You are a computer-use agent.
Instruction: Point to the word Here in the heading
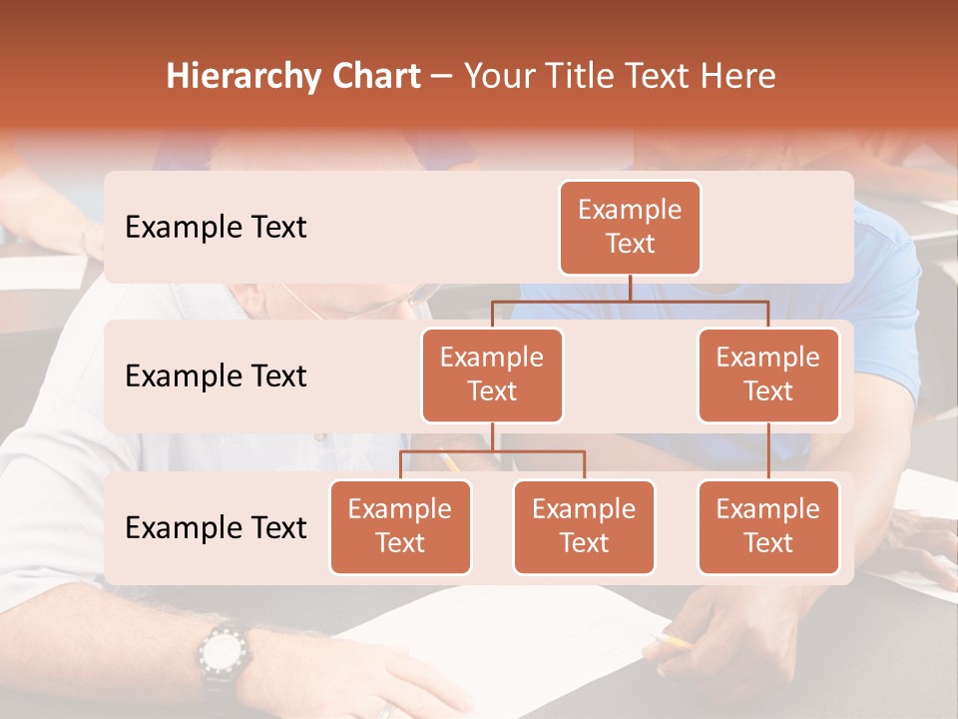tap(737, 76)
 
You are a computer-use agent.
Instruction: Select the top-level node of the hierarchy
tap(630, 228)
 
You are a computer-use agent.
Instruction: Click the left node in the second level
tap(492, 374)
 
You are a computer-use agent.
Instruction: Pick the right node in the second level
tap(768, 374)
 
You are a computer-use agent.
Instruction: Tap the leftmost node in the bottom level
tap(400, 526)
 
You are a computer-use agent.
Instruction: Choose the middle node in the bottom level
tap(584, 526)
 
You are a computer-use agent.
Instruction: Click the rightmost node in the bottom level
tap(768, 526)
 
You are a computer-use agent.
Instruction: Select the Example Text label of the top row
tap(216, 228)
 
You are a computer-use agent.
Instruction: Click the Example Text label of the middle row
tap(216, 376)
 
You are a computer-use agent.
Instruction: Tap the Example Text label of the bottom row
tap(216, 527)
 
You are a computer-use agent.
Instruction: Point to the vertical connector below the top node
tap(630, 288)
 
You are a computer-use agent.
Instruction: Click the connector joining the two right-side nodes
tap(768, 451)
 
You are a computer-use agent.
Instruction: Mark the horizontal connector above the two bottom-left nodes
tap(492, 451)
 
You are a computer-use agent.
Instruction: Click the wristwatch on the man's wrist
tap(222, 656)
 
